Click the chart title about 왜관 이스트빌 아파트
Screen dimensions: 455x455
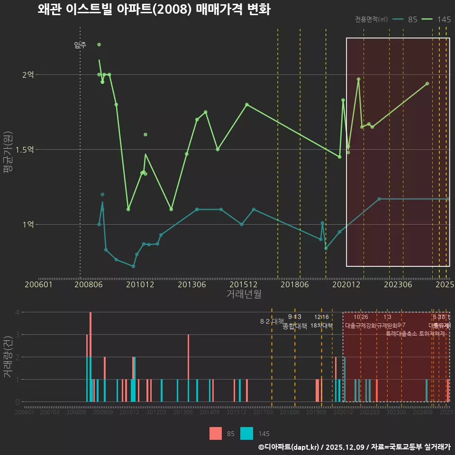pyautogui.click(x=154, y=9)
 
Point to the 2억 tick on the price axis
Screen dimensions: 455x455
pyautogui.click(x=28, y=74)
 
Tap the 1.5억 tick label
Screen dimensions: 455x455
pyautogui.click(x=25, y=149)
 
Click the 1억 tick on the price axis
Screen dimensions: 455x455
pyautogui.click(x=28, y=224)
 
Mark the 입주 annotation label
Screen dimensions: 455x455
pyautogui.click(x=80, y=45)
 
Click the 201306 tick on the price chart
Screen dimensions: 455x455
pyautogui.click(x=191, y=284)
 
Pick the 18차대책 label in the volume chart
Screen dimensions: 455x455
pyautogui.click(x=321, y=325)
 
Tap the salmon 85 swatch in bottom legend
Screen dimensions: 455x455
pyautogui.click(x=216, y=433)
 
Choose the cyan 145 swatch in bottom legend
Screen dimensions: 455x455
pyautogui.click(x=246, y=433)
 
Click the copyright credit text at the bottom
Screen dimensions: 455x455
pyautogui.click(x=354, y=447)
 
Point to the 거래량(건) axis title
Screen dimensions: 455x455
pyautogui.click(x=8, y=356)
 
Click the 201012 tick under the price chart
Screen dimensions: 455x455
pyautogui.click(x=140, y=284)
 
